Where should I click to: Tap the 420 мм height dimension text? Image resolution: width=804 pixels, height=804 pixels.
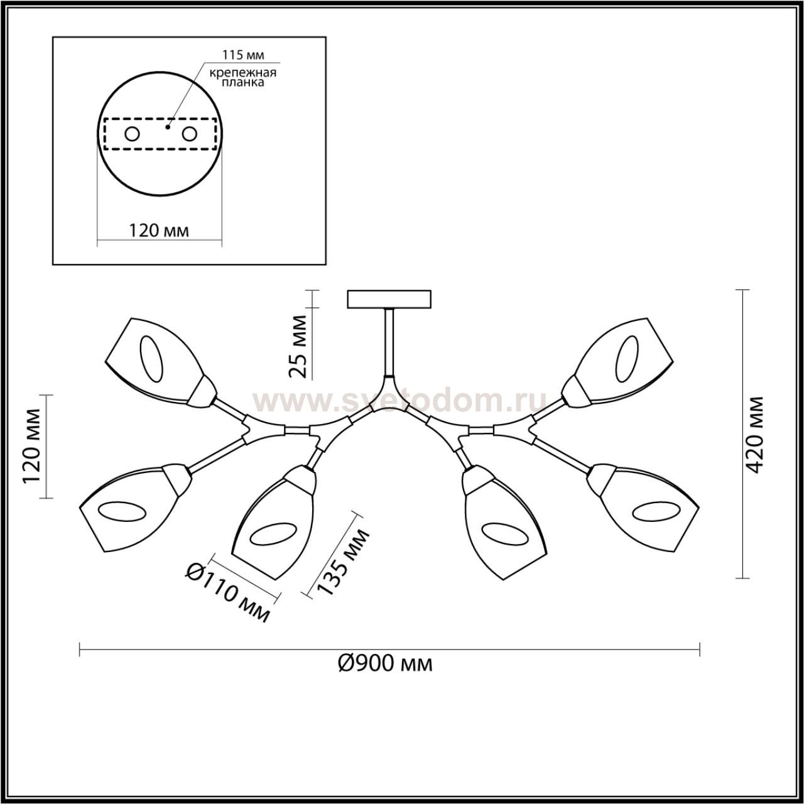click(754, 434)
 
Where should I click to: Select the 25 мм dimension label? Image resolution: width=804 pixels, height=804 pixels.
click(298, 347)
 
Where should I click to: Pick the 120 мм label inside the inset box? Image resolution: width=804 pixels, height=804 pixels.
click(158, 231)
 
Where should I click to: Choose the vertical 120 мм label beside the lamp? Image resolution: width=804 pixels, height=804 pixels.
click(32, 447)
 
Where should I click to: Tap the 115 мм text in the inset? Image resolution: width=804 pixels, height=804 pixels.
click(243, 55)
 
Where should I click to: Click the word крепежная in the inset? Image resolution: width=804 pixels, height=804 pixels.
click(243, 73)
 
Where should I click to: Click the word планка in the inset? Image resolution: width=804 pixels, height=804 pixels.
click(243, 83)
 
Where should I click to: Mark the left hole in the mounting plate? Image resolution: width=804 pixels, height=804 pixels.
click(133, 134)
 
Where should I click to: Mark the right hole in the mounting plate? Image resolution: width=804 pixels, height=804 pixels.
click(189, 134)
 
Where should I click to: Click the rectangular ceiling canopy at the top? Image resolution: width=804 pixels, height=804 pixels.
click(389, 300)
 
